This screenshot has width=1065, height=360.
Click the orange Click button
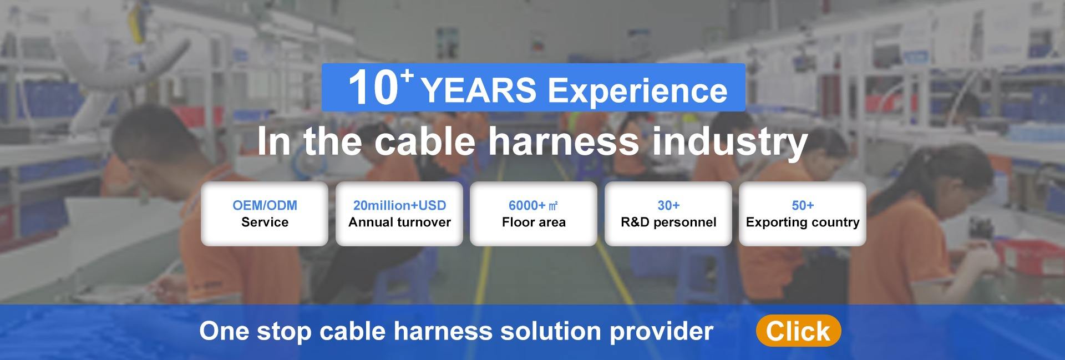798,331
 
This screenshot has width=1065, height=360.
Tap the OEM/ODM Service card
265,214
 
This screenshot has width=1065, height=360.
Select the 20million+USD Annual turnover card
399,214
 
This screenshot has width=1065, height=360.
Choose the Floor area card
534,214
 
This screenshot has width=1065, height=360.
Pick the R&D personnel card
668,214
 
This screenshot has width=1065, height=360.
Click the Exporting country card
803,214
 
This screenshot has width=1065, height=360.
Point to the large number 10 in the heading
373,89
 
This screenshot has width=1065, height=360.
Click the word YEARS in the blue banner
479,91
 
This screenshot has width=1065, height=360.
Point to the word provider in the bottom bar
661,332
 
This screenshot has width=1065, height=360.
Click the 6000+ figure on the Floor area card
527,206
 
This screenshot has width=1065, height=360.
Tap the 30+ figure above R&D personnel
668,206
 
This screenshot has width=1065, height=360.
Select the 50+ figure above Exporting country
803,206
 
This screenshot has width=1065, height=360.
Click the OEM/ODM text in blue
265,206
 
